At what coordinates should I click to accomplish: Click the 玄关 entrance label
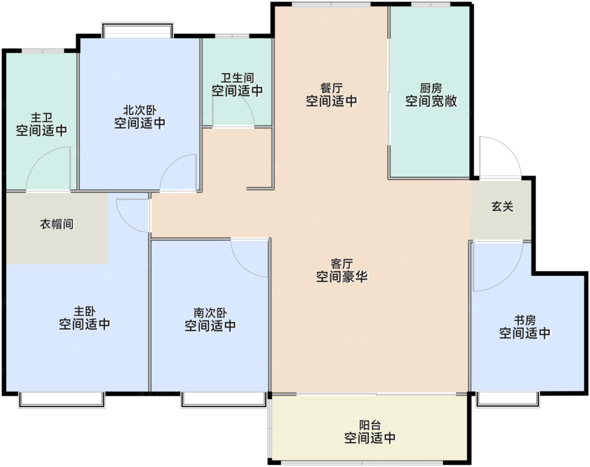pyautogui.click(x=502, y=206)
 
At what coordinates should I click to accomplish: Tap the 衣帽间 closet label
pyautogui.click(x=57, y=224)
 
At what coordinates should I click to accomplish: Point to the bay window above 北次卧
pyautogui.click(x=137, y=30)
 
